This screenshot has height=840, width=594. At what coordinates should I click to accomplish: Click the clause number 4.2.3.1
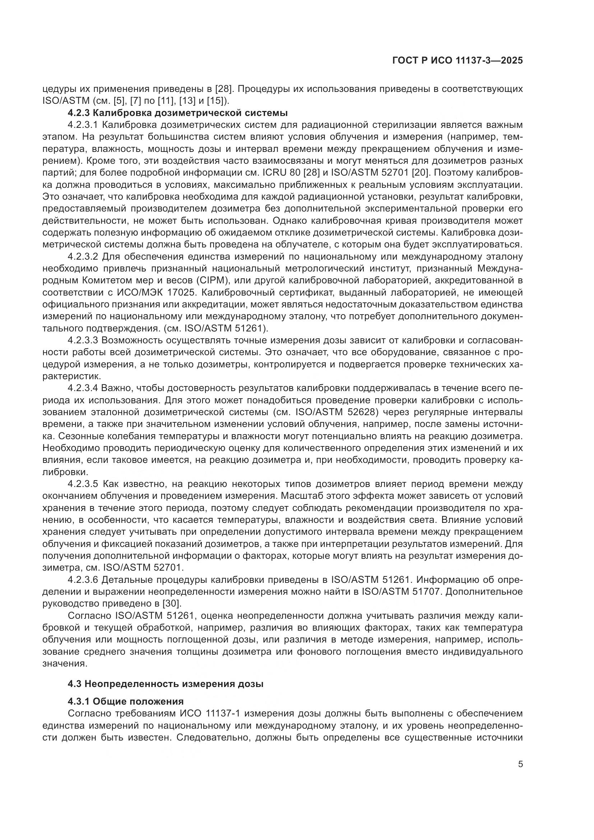pyautogui.click(x=83, y=125)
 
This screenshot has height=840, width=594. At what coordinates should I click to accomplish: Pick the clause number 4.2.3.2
pyautogui.click(x=83, y=257)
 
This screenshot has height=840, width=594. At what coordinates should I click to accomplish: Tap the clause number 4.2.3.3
pyautogui.click(x=83, y=340)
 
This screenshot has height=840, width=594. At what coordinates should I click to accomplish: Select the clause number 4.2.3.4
pyautogui.click(x=83, y=388)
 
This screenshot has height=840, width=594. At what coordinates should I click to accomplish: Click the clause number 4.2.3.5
pyautogui.click(x=83, y=484)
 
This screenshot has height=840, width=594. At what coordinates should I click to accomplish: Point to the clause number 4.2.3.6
pyautogui.click(x=83, y=580)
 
